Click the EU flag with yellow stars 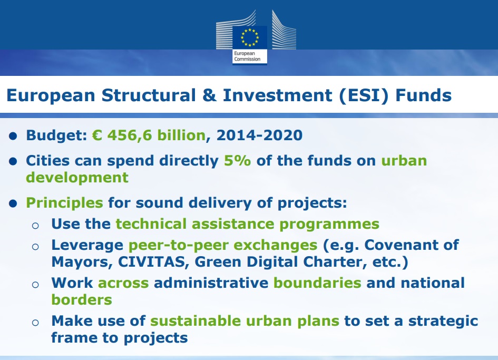coord(250,37)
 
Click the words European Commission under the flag coord(247,56)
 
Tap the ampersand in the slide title coord(209,95)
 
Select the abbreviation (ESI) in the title coord(364,95)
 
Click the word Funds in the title coord(423,95)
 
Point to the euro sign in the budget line coord(97,135)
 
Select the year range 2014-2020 coord(259,135)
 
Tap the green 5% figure coord(238,160)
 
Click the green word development coord(77,177)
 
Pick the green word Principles coord(64,203)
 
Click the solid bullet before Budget coord(13,137)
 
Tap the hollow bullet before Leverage coord(35,247)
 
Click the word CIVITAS coord(151,262)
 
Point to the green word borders coord(82,299)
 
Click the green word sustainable coord(196,321)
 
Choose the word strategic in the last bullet coord(443,321)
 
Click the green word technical coord(151,224)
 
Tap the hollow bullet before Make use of coord(35,323)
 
